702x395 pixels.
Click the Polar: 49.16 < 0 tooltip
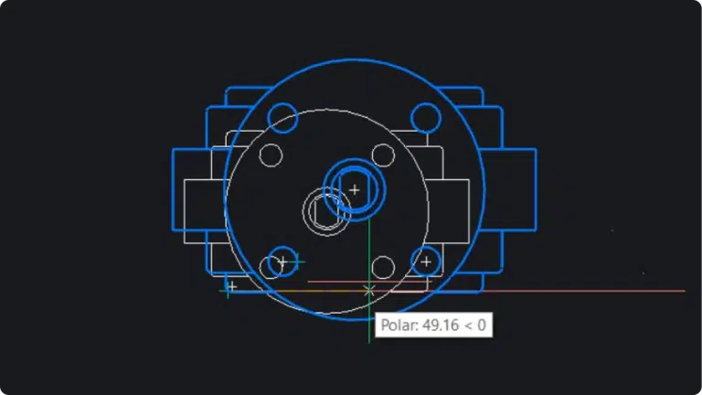click(433, 325)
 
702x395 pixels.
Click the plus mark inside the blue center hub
click(354, 190)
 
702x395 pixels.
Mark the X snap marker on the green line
click(369, 291)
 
